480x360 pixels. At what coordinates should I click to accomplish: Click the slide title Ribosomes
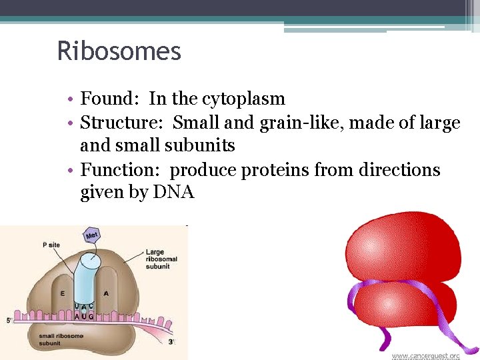click(x=119, y=51)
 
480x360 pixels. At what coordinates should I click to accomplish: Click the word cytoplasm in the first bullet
click(x=243, y=99)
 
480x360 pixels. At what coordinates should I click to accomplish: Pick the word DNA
click(x=173, y=193)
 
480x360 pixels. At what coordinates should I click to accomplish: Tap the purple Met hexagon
click(x=92, y=235)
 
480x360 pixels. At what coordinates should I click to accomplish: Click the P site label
click(x=51, y=245)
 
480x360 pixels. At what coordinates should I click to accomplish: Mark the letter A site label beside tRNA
click(x=106, y=293)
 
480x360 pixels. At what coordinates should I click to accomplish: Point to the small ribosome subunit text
click(x=60, y=339)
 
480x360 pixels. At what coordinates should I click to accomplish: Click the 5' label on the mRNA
click(x=9, y=321)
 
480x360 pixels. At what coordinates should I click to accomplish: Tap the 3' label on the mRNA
click(x=171, y=342)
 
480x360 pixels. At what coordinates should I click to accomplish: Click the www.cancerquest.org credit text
click(x=425, y=355)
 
